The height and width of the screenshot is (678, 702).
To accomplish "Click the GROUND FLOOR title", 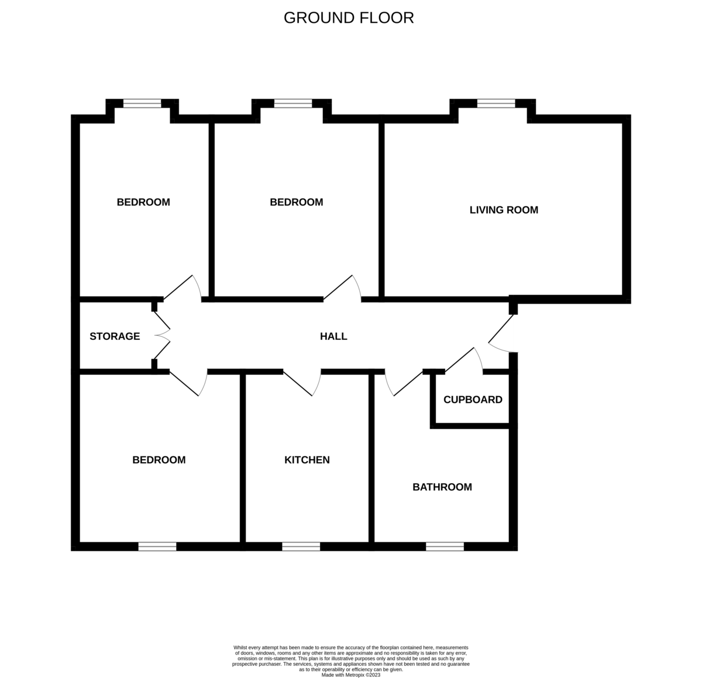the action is tap(349, 18).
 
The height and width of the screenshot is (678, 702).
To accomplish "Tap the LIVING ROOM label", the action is tap(504, 210).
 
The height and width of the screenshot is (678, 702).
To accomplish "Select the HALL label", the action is tap(333, 336).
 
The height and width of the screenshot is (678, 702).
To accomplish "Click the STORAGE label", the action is tap(115, 336).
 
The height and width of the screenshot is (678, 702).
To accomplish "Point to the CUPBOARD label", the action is tap(473, 400).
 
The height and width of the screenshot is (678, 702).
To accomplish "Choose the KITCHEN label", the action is tap(307, 460).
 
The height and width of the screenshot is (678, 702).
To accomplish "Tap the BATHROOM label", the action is tap(442, 487).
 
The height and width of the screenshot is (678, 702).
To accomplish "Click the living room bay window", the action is tap(496, 104).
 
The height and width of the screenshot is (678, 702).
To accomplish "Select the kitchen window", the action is tap(301, 546).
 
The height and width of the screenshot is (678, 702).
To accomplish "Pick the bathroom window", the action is tap(445, 546).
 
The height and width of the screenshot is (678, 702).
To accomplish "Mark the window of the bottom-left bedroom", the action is tap(157, 546).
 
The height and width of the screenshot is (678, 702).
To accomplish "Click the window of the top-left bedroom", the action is tap(142, 104).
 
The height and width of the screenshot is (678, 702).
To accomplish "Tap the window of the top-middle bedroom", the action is tap(293, 104).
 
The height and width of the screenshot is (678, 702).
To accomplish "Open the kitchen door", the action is tap(302, 383).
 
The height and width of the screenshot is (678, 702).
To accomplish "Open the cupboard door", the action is tap(464, 360).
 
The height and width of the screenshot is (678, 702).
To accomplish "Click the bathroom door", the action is tap(404, 383).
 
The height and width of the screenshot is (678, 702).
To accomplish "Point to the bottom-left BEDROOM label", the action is tap(159, 460).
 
